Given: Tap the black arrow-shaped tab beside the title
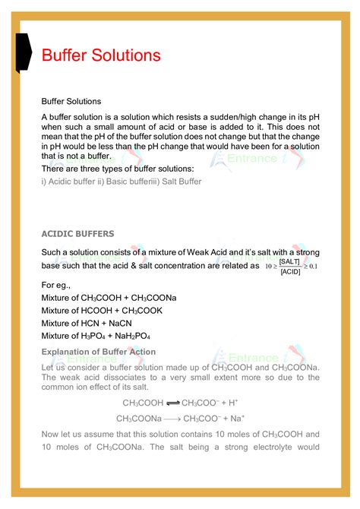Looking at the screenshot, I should coord(23,52).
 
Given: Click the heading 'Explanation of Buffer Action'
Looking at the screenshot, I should coord(98,352).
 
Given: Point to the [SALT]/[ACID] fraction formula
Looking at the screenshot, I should coord(289,266).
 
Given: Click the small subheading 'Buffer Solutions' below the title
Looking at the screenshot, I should coord(71,101).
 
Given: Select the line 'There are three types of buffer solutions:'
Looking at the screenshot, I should coord(118,168).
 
